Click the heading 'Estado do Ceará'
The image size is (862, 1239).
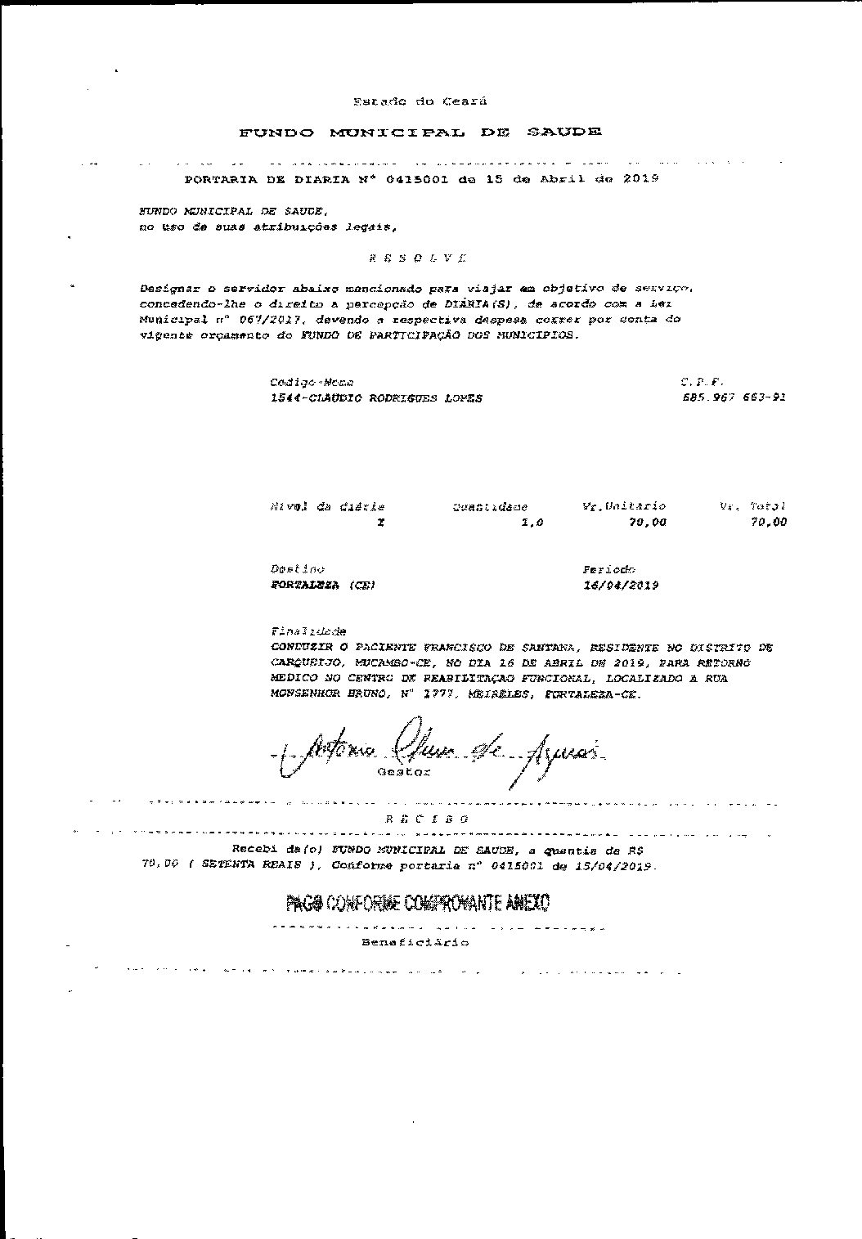420,101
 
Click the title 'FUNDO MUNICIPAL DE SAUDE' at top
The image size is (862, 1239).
420,132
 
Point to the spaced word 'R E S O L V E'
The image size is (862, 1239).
417,258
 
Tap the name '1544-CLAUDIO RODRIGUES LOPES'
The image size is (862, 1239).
375,398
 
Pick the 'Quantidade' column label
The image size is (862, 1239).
490,507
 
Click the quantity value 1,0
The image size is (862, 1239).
532,523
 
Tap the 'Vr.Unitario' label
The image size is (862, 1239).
623,506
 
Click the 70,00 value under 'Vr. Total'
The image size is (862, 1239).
768,523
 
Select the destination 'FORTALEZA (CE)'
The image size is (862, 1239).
322,586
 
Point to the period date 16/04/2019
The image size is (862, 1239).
621,586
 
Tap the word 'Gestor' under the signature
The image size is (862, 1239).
403,772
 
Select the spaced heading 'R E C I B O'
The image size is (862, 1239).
427,819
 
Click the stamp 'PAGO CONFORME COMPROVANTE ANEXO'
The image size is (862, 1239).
417,903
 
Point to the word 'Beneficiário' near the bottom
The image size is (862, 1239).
415,943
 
